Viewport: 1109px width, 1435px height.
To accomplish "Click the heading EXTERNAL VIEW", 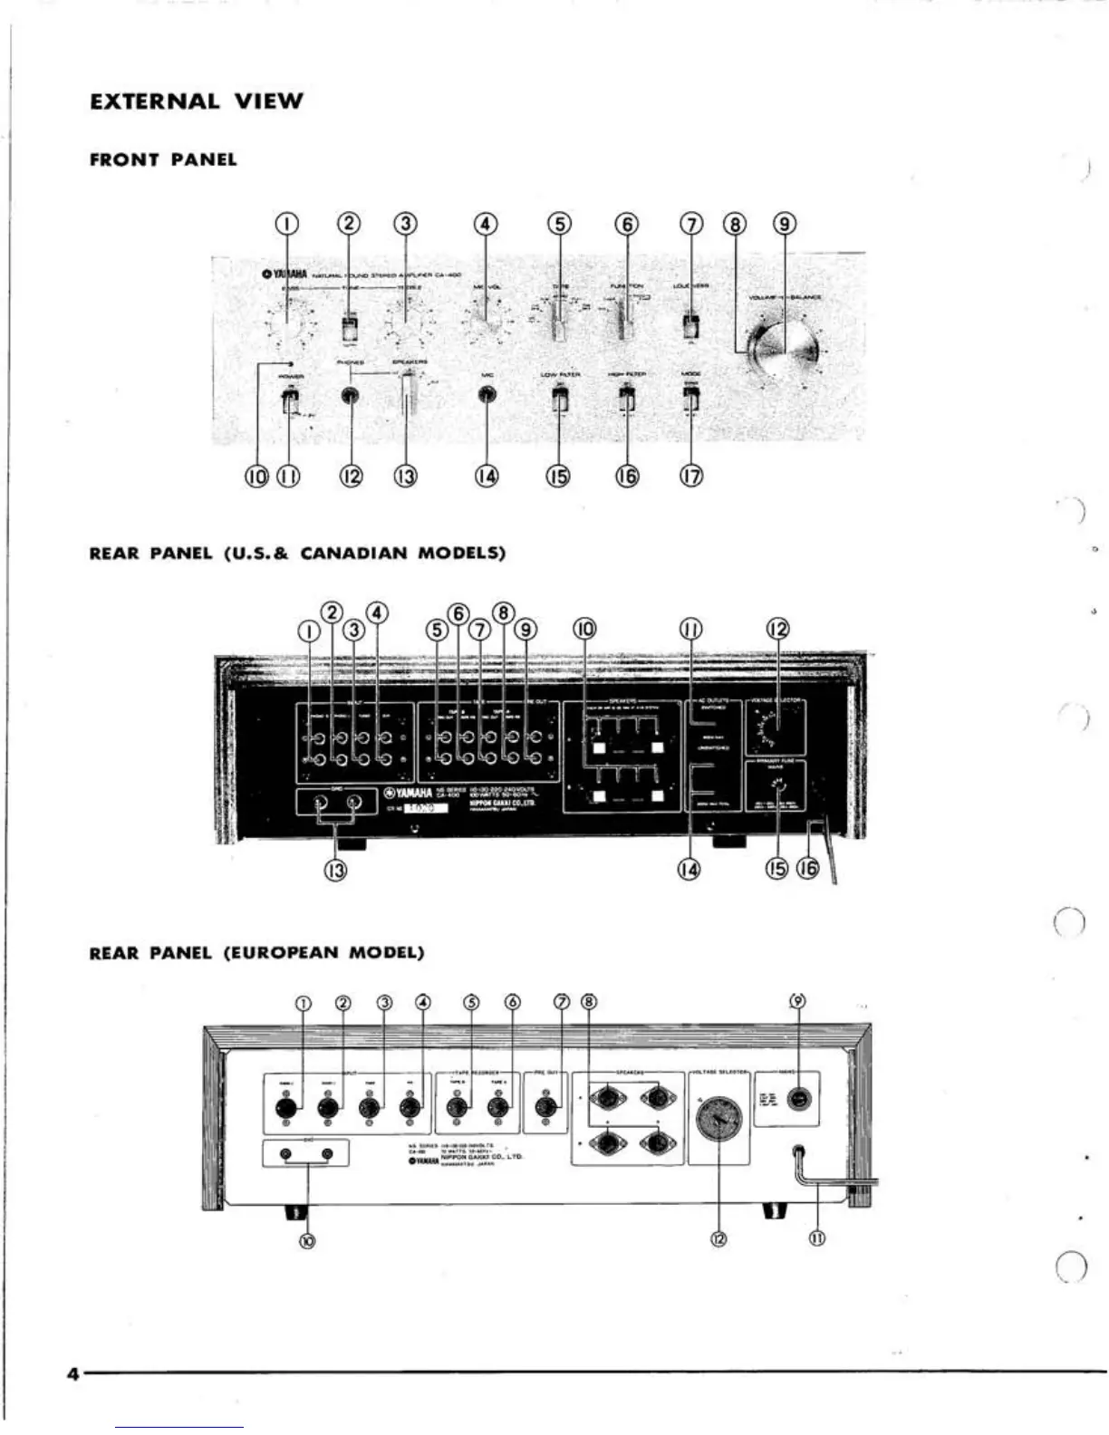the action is [197, 101].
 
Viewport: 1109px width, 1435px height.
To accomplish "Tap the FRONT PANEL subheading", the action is [163, 160].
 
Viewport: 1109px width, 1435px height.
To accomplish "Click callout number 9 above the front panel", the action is [785, 224].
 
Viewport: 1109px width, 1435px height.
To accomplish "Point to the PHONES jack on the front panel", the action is [350, 396].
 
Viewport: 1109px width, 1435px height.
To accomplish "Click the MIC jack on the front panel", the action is [487, 395].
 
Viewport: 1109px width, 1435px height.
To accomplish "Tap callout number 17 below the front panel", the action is [691, 476].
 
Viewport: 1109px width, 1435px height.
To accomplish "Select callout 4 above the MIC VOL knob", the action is [487, 224].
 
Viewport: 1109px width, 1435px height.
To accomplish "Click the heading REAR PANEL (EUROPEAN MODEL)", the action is [256, 953].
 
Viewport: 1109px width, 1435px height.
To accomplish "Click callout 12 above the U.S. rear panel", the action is [777, 629].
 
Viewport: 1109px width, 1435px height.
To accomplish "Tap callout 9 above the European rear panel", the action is [797, 1001].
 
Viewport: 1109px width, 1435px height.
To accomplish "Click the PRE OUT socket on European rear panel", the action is [545, 1107].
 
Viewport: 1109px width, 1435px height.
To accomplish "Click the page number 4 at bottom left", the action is [72, 1372].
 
